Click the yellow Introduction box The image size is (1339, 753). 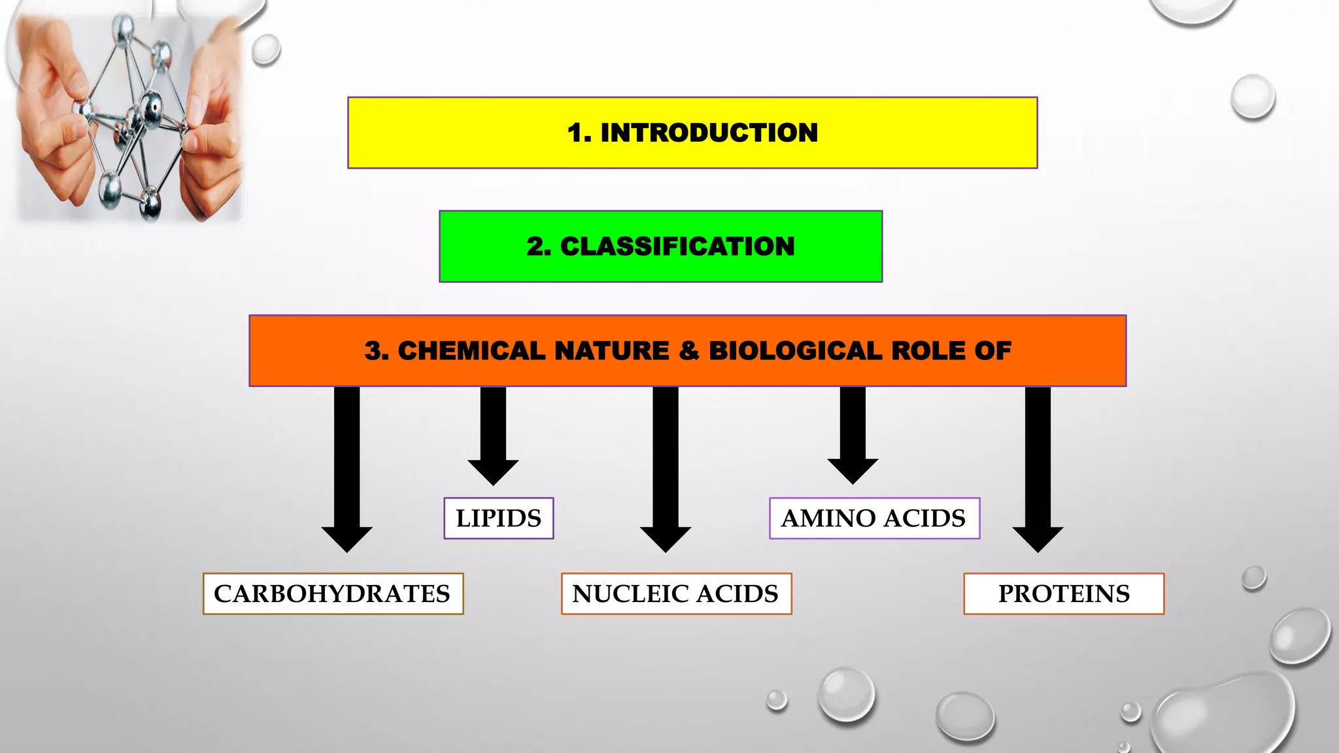pos(692,133)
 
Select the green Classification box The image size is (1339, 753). pos(660,246)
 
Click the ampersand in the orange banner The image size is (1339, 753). pos(688,351)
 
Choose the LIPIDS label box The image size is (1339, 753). pos(498,518)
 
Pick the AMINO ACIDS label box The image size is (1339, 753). pos(874,518)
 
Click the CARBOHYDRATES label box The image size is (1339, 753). pos(333,594)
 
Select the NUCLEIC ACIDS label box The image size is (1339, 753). pos(676,594)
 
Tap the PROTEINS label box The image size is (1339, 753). pos(1064,594)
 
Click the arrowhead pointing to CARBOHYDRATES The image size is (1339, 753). pos(347,538)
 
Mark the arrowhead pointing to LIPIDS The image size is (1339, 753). pos(493,471)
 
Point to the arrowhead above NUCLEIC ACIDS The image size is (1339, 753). pos(665,538)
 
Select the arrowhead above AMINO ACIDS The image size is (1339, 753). pos(853,469)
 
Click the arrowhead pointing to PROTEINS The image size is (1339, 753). pos(1038,538)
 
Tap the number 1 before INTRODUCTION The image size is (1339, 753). pos(576,133)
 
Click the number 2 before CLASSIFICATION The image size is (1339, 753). pos(536,246)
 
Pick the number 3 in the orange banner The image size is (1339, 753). pos(374,351)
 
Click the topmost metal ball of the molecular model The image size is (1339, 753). pos(124,27)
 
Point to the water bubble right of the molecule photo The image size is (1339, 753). pos(265,49)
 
